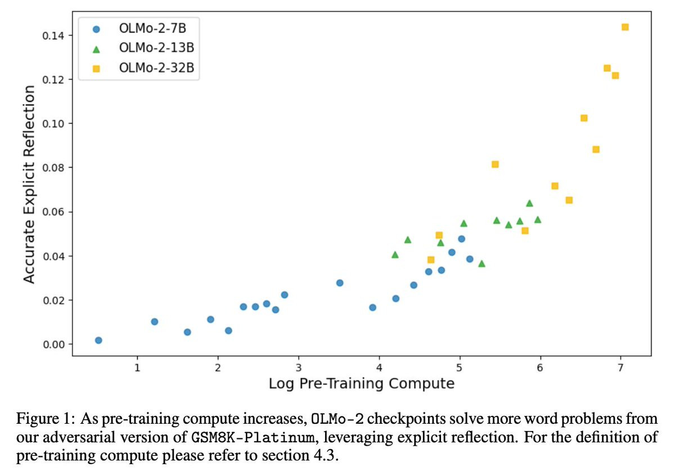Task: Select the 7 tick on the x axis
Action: [621, 367]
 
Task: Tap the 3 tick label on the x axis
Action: [299, 367]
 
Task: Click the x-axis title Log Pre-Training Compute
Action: [362, 384]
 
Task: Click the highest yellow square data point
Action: [625, 27]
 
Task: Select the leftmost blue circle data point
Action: [98, 340]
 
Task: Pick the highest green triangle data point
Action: [529, 203]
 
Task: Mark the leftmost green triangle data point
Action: [395, 255]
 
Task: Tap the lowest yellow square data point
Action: [431, 260]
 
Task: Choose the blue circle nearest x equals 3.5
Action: [340, 283]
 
